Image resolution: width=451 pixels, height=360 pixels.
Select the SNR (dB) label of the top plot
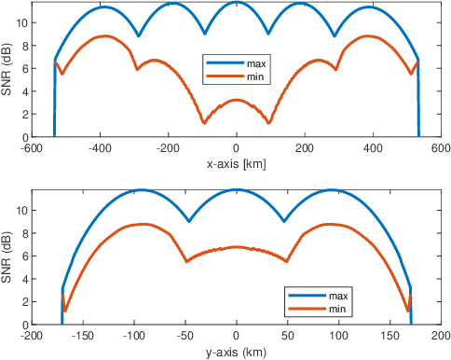[7, 70]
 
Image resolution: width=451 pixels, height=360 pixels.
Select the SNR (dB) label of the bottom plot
[7, 257]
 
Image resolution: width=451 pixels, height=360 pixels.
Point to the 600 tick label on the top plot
[441, 147]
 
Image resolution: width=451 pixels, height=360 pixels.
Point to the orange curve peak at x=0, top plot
[236, 100]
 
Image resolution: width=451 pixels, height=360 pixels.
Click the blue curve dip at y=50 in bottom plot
[287, 221]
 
